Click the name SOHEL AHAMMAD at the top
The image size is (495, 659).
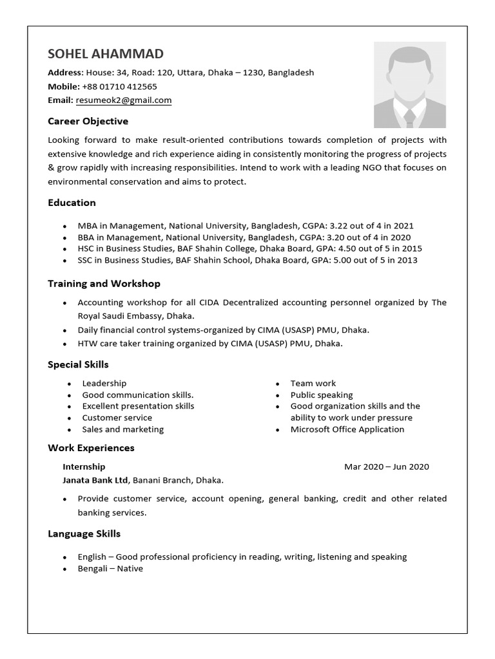(x=106, y=53)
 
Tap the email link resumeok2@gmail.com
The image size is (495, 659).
(x=124, y=100)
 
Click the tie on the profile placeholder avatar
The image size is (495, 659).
(x=409, y=117)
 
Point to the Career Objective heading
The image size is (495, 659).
(x=88, y=121)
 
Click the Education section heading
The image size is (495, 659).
(x=72, y=203)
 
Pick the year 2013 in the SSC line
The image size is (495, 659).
(x=406, y=260)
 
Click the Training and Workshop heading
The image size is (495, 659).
(x=104, y=283)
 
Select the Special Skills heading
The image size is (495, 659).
(x=78, y=365)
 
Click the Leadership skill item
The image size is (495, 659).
(x=104, y=384)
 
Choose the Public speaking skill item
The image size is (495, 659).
(x=322, y=395)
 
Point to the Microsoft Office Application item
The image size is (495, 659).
(x=347, y=429)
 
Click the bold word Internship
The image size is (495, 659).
(x=84, y=467)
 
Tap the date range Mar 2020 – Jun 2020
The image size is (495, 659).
(x=386, y=467)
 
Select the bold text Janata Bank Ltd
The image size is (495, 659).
(x=95, y=480)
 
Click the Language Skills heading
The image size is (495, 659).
(x=84, y=534)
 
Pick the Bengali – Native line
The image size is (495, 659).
(x=110, y=569)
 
